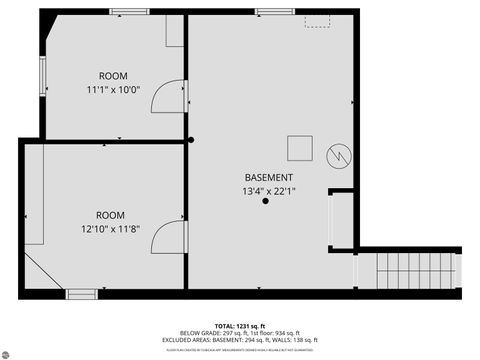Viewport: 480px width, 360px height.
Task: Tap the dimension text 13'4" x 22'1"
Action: pos(268,190)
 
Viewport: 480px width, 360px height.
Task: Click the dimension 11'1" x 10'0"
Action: pos(112,90)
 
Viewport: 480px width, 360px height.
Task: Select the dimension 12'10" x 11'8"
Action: pos(110,228)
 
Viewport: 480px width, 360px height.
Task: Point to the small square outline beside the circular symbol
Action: pos(300,148)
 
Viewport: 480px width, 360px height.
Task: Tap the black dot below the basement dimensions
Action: pos(265,202)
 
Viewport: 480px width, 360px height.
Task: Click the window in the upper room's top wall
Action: pos(123,11)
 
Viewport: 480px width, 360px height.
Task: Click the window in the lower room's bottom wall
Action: pos(81,294)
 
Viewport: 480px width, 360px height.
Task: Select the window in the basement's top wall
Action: pos(268,11)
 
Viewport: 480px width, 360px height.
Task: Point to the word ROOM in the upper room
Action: pos(112,76)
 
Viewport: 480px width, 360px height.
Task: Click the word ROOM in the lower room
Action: pos(110,215)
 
